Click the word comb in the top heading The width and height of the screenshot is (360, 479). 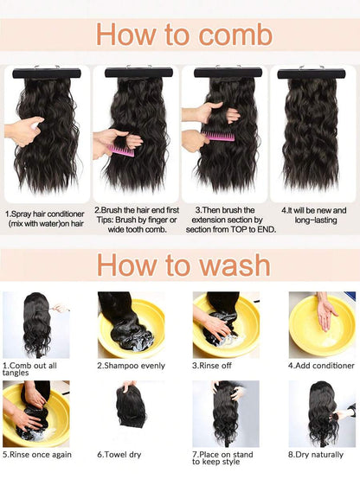[x=235, y=35]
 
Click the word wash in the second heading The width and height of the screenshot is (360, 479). [x=235, y=265]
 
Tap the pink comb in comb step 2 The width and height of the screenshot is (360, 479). [x=121, y=150]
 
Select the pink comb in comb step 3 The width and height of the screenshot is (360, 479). [x=218, y=136]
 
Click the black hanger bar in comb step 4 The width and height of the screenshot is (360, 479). [x=312, y=74]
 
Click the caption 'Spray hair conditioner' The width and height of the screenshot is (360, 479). [x=45, y=214]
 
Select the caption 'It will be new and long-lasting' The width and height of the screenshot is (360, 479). [x=314, y=215]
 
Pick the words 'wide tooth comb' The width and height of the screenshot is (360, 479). [x=137, y=229]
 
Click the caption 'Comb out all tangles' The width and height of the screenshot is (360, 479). [x=29, y=369]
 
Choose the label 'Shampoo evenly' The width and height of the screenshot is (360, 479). [x=132, y=366]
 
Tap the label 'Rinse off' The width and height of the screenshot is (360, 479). [x=212, y=366]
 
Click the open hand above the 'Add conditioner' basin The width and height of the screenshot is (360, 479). [x=325, y=315]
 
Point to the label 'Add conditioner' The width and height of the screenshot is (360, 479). [x=321, y=366]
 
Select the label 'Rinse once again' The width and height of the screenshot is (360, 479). [x=37, y=455]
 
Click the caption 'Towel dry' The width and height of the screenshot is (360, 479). [x=119, y=455]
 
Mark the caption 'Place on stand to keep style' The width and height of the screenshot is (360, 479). [x=222, y=458]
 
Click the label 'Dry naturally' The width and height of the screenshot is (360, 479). [x=315, y=455]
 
